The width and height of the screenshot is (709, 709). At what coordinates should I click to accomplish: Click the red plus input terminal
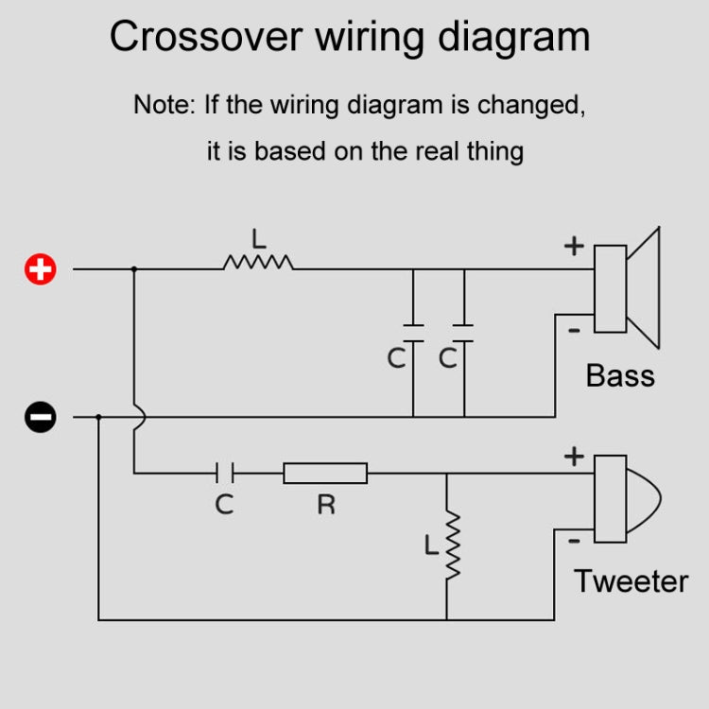(40, 269)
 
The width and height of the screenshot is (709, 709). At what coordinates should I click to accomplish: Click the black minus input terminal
(40, 416)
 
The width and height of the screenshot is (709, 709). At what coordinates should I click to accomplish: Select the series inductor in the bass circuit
(258, 262)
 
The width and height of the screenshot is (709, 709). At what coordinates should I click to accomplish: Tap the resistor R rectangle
(325, 473)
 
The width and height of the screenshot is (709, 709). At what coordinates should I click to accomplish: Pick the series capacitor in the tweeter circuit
(224, 473)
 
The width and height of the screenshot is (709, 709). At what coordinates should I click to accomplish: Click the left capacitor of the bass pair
(413, 332)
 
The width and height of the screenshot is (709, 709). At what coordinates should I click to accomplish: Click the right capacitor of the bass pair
(463, 332)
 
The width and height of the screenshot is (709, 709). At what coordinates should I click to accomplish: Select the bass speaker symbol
(625, 287)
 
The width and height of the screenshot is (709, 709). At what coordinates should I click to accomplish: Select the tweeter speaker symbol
(624, 498)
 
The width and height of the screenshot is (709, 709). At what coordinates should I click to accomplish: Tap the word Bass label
(620, 375)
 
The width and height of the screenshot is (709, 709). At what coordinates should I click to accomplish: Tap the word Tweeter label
(631, 580)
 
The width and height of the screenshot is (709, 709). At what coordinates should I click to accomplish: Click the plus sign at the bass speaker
(574, 247)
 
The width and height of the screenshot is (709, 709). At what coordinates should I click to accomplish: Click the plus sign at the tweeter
(574, 457)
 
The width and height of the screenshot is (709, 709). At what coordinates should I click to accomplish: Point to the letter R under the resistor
(325, 505)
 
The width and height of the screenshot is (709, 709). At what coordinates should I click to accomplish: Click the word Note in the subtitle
(164, 104)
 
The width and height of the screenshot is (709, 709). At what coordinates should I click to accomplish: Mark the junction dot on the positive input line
(134, 269)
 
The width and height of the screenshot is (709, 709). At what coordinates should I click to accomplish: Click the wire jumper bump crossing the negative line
(138, 416)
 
